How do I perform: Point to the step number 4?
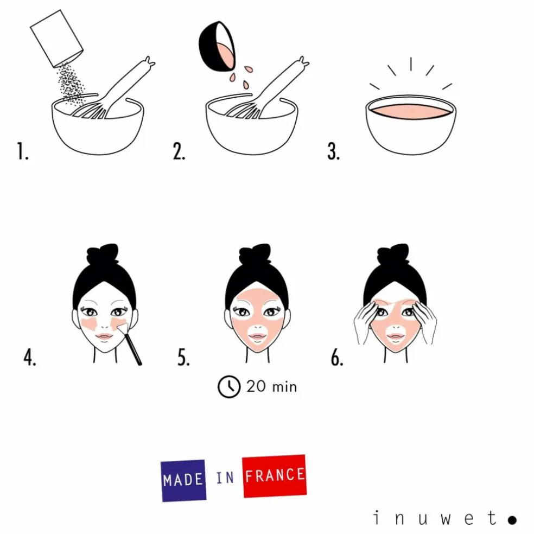pos(30,358)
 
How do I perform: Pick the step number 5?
pos(183,358)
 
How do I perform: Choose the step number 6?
pos(337,358)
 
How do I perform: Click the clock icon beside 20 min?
pos(229,387)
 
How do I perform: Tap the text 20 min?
pos(272,387)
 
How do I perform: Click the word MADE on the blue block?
pos(183,480)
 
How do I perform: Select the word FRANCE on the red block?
pos(275,475)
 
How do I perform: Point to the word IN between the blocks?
pos(225,478)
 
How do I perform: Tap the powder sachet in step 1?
pos(57,39)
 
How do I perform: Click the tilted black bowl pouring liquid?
pos(217,46)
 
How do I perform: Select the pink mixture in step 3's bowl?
pos(411,111)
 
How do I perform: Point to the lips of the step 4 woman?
pos(104,336)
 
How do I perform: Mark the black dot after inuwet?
pos(512,520)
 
